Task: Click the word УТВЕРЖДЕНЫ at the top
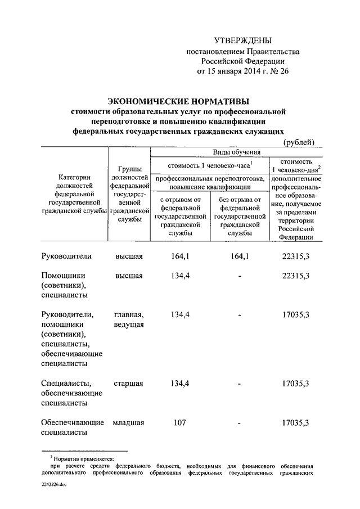click(x=243, y=40)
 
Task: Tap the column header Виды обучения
click(x=236, y=152)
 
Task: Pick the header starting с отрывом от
click(x=180, y=215)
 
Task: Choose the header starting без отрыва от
click(x=239, y=215)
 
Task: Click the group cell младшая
click(x=128, y=422)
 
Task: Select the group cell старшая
click(x=128, y=384)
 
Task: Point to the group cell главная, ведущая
click(x=128, y=319)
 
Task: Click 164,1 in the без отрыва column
click(x=240, y=256)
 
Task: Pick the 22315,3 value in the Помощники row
click(x=295, y=276)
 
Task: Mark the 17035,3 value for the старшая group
click(x=295, y=384)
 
